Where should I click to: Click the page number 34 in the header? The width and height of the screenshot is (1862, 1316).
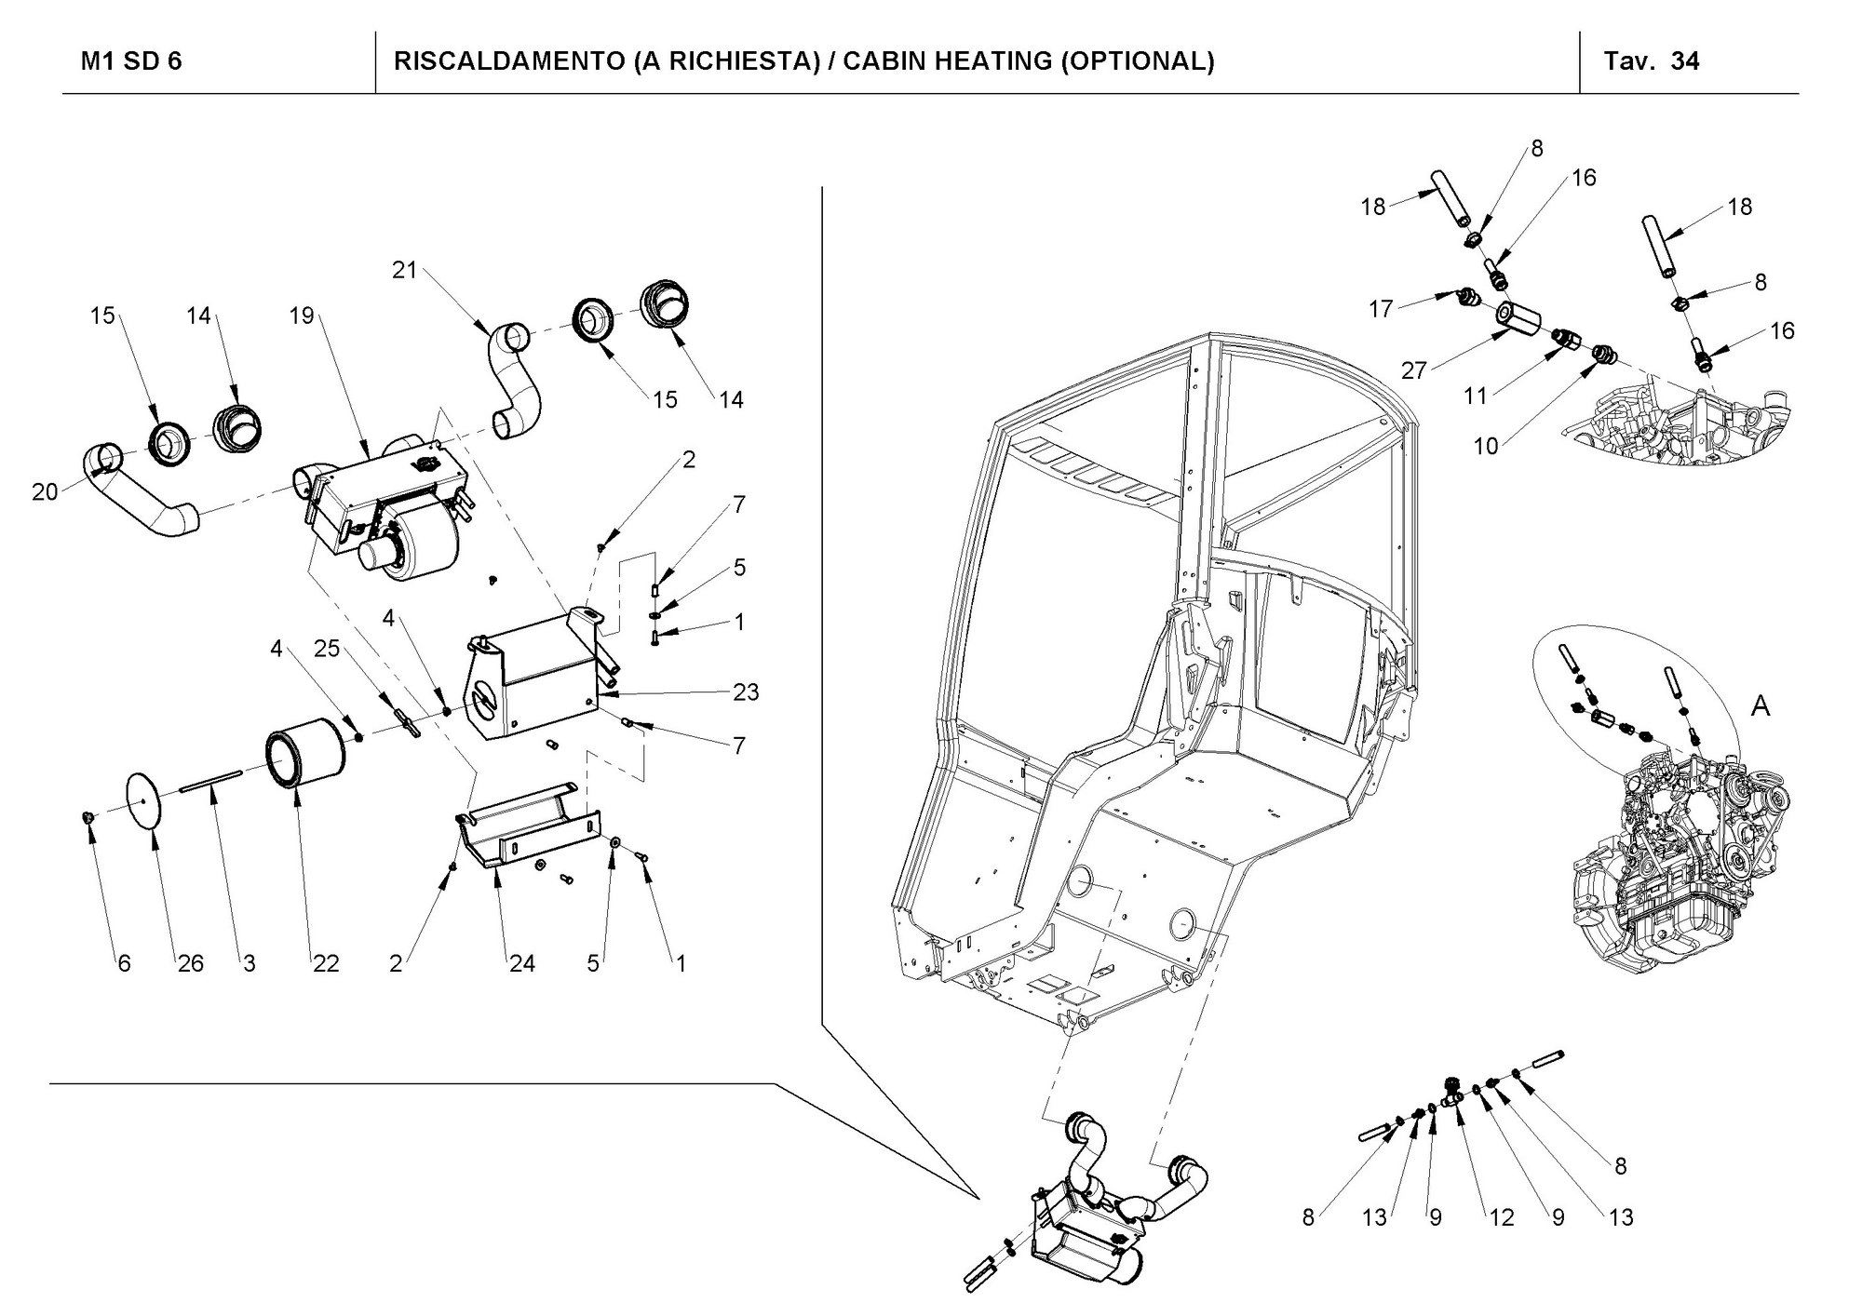click(1685, 61)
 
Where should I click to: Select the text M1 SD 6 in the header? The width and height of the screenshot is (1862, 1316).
click(131, 61)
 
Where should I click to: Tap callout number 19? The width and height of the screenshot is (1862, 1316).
click(302, 316)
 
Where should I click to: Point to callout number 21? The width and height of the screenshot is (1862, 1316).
click(404, 271)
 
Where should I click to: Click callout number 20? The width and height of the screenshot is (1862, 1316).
click(45, 491)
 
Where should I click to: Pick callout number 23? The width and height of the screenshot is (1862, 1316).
click(746, 692)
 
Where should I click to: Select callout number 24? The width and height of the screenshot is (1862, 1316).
click(522, 963)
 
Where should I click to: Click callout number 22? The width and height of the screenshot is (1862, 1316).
click(326, 963)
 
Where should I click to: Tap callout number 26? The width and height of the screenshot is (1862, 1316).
click(191, 963)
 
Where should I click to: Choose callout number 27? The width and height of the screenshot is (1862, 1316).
click(1414, 370)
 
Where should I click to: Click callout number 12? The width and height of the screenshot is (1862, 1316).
click(1501, 1217)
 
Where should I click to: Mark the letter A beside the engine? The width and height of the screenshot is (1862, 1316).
click(1761, 707)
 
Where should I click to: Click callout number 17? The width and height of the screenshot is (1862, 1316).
click(1381, 308)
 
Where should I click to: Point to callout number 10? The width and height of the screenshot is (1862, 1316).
click(1486, 446)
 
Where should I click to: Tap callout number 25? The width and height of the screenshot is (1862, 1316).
click(327, 649)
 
